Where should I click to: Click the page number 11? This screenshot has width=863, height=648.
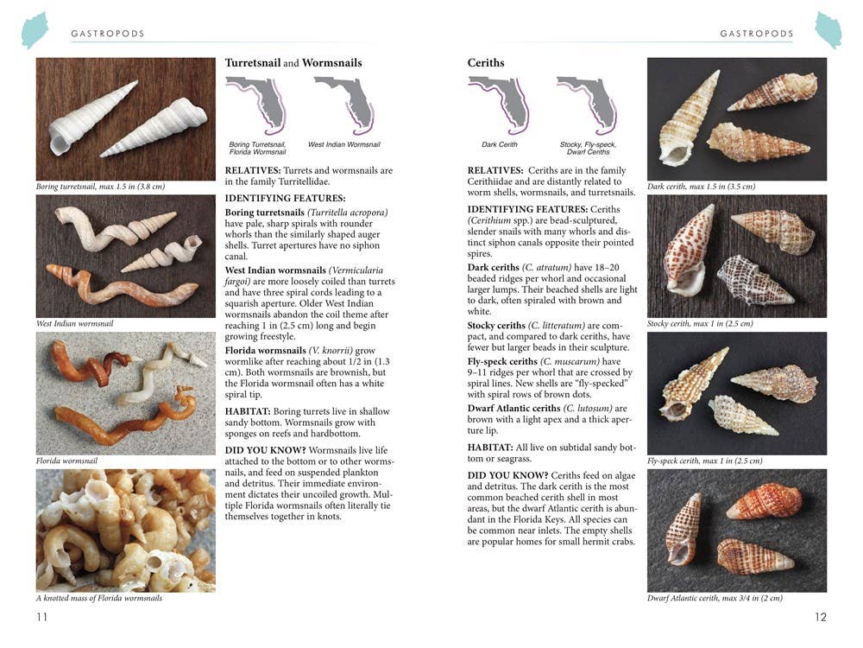coord(42,616)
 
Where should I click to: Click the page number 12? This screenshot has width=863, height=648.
coord(820,616)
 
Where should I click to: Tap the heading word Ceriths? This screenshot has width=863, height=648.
coord(486,63)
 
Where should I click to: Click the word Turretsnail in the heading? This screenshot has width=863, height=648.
coord(252,63)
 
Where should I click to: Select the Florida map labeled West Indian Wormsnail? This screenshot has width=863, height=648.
coord(343,105)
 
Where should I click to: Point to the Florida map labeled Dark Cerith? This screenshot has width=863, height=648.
coord(499,105)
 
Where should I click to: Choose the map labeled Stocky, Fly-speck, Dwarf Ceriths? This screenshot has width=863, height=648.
coord(587,105)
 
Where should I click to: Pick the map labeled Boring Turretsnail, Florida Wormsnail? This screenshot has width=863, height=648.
coord(255,105)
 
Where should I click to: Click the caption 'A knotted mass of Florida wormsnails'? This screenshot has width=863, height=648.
coord(98,598)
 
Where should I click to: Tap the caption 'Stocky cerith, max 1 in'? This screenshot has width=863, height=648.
coord(688,324)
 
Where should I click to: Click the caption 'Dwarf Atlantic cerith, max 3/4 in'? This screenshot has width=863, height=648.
coord(715,598)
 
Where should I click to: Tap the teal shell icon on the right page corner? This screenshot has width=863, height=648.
coord(828,30)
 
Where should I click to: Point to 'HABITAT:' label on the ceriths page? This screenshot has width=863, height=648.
coord(492,447)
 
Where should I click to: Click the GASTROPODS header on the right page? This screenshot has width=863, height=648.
coord(756,34)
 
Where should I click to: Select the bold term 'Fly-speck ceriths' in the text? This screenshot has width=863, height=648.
coord(502,361)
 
